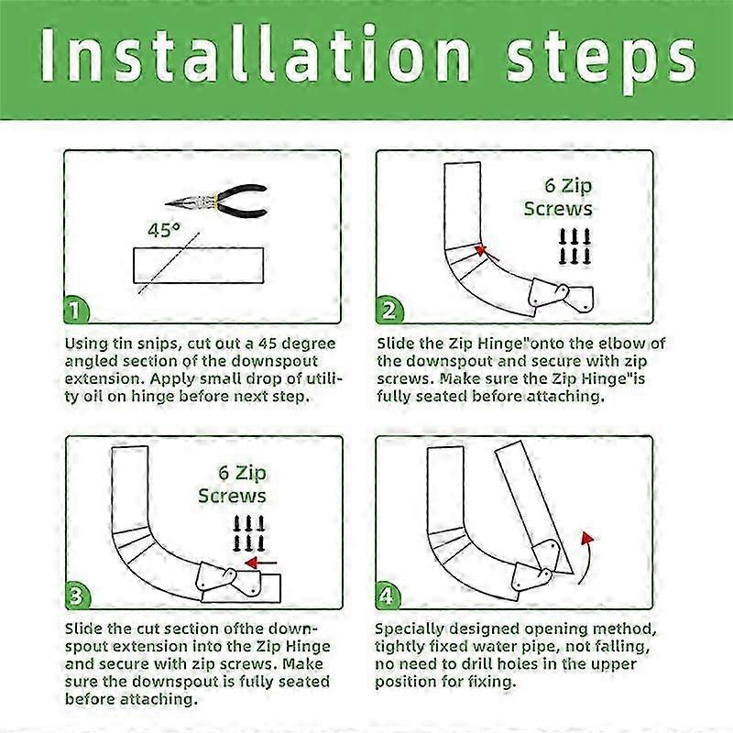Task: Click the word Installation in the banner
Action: [x=256, y=55]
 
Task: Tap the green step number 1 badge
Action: [x=75, y=310]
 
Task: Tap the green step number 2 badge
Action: [x=388, y=310]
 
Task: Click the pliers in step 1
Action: [x=216, y=201]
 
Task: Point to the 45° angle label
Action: [x=164, y=230]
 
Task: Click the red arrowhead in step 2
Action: [x=480, y=250]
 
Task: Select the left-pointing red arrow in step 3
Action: [x=261, y=563]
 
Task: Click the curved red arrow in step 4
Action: [x=586, y=556]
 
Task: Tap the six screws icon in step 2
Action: [x=575, y=246]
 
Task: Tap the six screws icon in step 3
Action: [x=248, y=533]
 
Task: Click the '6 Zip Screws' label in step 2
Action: [x=558, y=197]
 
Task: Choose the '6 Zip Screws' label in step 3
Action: [x=233, y=485]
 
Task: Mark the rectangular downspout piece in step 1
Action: [x=198, y=265]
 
